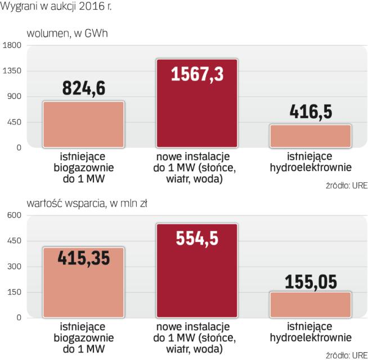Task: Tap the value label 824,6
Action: coord(83,88)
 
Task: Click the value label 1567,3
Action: coord(196,74)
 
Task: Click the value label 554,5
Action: coord(196,237)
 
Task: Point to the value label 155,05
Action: coord(311,281)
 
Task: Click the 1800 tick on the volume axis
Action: coord(12,46)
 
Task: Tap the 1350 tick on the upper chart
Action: coord(12,71)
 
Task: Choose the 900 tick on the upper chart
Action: coord(14,97)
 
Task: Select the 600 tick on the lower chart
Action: coord(14,215)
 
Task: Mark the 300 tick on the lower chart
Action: coord(14,267)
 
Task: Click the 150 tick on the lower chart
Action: coord(14,292)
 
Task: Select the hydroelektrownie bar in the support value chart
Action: coord(311,305)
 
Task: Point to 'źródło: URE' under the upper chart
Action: coord(346,186)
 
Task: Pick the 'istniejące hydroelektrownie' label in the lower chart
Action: coord(311,332)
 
